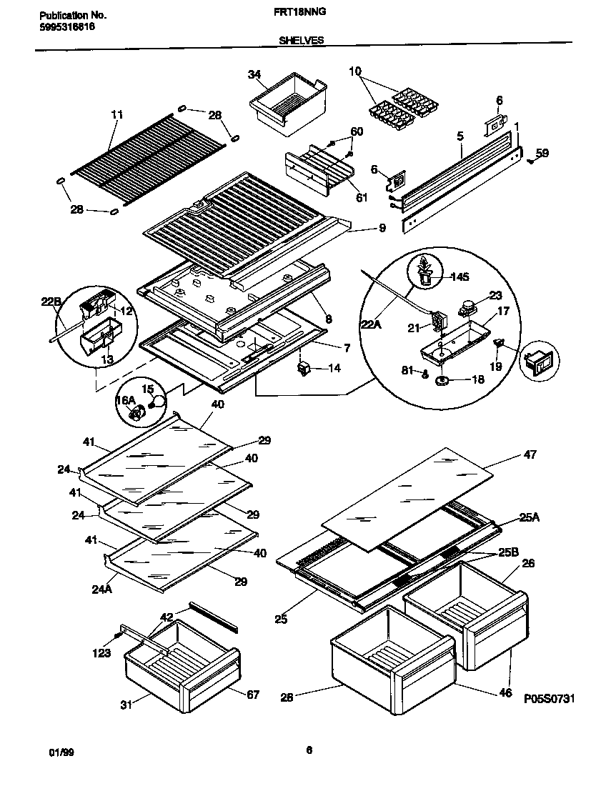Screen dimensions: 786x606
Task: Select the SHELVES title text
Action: (x=302, y=41)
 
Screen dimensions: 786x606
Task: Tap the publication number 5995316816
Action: (x=65, y=26)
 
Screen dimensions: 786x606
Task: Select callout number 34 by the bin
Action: (x=254, y=74)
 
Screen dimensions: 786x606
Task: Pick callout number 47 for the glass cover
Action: (x=530, y=454)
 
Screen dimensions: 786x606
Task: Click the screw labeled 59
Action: (x=531, y=161)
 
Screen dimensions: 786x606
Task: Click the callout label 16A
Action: (x=126, y=401)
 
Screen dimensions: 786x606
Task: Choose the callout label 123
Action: (x=101, y=652)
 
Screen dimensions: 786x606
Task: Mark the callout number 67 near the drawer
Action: (x=252, y=695)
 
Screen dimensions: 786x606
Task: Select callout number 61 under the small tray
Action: (x=362, y=198)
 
